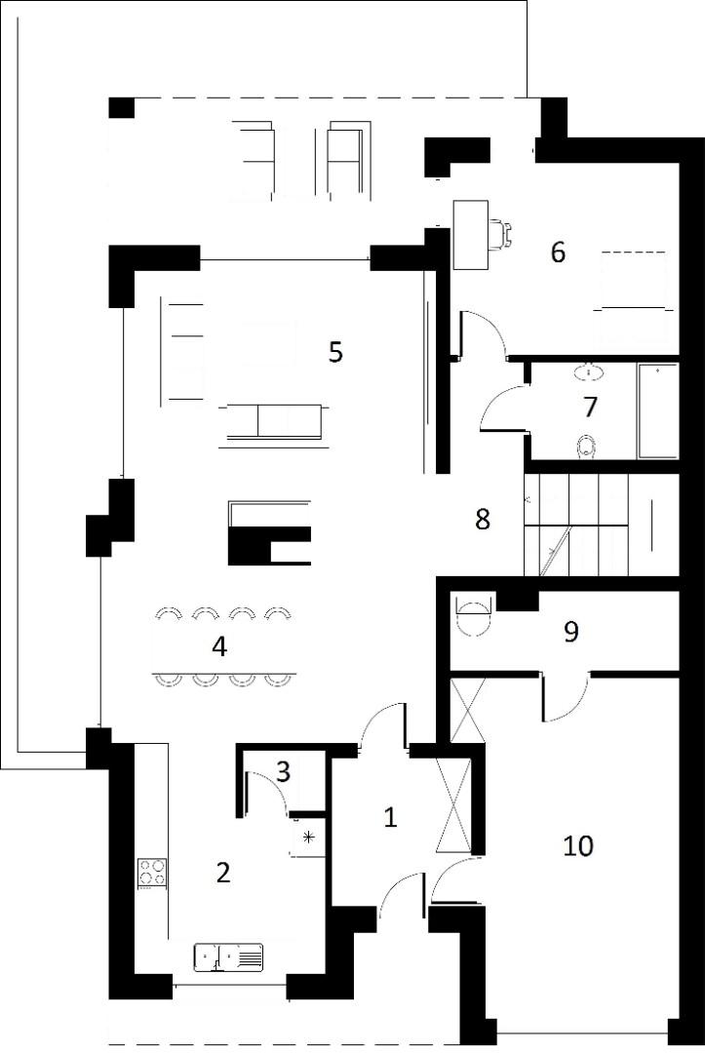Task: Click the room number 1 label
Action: click(390, 817)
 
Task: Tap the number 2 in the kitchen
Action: click(223, 872)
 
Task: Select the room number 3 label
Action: click(284, 771)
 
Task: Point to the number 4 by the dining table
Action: click(218, 646)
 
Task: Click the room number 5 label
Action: click(335, 352)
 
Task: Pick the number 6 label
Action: click(558, 253)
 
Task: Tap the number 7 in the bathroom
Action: click(590, 407)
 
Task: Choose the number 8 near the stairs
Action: click(482, 519)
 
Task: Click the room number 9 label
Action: click(570, 631)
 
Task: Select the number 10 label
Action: click(578, 845)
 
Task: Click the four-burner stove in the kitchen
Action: click(152, 872)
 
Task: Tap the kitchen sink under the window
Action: click(228, 957)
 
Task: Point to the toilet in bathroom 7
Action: click(587, 448)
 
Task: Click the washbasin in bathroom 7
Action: click(589, 370)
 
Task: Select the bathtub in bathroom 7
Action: click(658, 411)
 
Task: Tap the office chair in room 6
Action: click(500, 234)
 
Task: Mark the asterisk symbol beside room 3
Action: click(308, 837)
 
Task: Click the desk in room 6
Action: click(471, 235)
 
